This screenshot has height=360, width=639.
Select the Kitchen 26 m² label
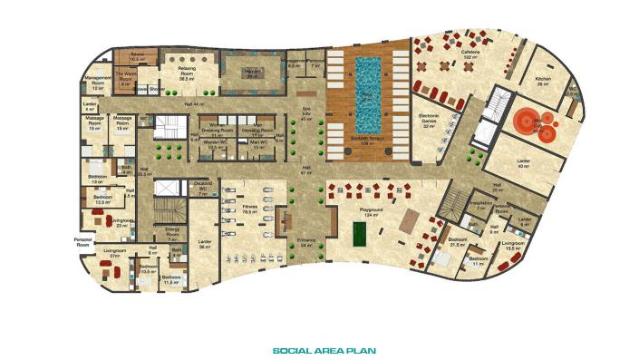(542, 82)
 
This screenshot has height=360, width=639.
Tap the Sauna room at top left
(138, 56)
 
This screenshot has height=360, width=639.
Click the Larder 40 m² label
(523, 166)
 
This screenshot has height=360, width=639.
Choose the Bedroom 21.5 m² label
(457, 245)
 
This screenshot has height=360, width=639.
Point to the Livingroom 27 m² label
(113, 256)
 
